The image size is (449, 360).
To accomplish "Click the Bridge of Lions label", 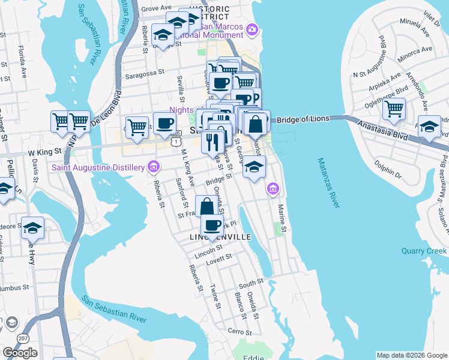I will [x=304, y=119].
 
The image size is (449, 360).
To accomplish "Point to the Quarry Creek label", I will [x=424, y=251].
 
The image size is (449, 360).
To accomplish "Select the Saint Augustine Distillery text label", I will [x=98, y=166].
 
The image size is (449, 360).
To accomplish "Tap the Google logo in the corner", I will [x=20, y=353].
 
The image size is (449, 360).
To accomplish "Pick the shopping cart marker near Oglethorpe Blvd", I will [x=394, y=110].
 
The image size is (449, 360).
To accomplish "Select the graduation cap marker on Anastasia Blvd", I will [x=429, y=127].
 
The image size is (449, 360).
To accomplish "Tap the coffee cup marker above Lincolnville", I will [x=211, y=225].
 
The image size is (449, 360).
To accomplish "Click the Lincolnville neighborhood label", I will [x=220, y=238].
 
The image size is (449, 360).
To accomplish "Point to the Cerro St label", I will [x=238, y=331].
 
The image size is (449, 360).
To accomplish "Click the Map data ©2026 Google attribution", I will [x=412, y=355].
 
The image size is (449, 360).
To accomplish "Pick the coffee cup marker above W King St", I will [x=164, y=124].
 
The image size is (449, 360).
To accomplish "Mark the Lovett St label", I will [x=220, y=257].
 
